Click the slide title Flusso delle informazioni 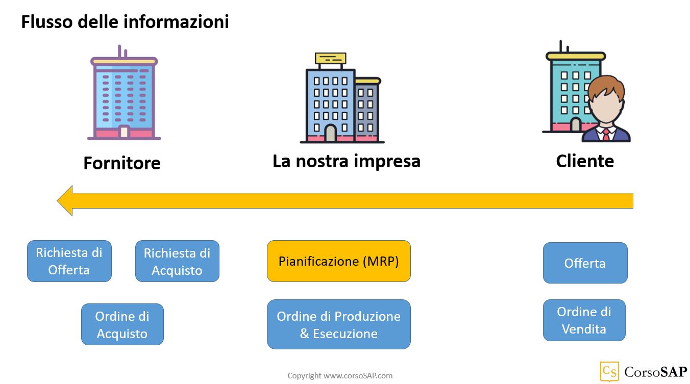pyautogui.click(x=125, y=22)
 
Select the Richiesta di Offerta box pyautogui.click(x=69, y=261)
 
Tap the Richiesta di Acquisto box pyautogui.click(x=178, y=261)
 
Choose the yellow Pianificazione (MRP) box pyautogui.click(x=339, y=261)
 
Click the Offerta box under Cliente pyautogui.click(x=585, y=263)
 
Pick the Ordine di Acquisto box pyautogui.click(x=122, y=324)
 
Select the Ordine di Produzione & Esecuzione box pyautogui.click(x=339, y=324)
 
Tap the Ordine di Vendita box pyautogui.click(x=584, y=320)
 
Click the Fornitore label pyautogui.click(x=122, y=163)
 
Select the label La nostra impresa pyautogui.click(x=347, y=161)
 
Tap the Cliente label pyautogui.click(x=585, y=161)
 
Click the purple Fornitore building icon pyautogui.click(x=124, y=92)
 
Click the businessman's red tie pyautogui.click(x=606, y=135)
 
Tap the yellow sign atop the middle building pyautogui.click(x=331, y=59)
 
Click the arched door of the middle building pyautogui.click(x=331, y=133)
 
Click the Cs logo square pyautogui.click(x=609, y=371)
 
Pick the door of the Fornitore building pyautogui.click(x=124, y=132)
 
